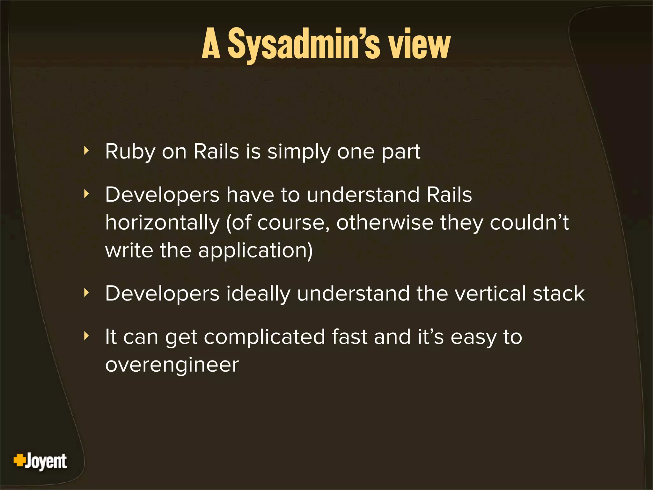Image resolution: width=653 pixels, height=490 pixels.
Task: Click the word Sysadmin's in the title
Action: point(304,45)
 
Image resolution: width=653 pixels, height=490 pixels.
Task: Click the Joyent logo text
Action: point(46,461)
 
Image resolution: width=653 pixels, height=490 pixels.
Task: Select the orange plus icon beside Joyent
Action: point(19,460)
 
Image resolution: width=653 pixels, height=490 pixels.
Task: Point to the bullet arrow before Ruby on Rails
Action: point(86,151)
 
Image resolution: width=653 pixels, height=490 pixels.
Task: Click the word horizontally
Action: point(162,223)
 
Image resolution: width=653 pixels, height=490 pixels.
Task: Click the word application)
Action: point(255,251)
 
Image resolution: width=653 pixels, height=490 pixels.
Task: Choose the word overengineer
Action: point(172,365)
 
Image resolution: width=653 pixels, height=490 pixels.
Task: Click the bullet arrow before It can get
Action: point(86,336)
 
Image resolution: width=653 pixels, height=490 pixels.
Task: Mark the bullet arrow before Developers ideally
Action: point(86,293)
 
